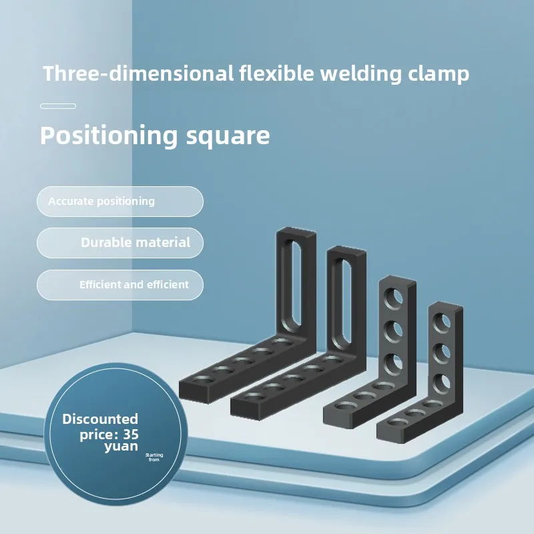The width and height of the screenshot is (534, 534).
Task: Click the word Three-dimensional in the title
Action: (x=138, y=73)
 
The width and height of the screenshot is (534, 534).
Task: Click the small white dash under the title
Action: (x=58, y=106)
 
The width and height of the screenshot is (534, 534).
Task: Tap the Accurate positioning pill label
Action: (x=101, y=201)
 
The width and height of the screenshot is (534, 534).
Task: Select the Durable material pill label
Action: (x=136, y=243)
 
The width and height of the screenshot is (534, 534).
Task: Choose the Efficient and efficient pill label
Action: (x=134, y=284)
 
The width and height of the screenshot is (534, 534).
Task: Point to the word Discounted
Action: (x=100, y=419)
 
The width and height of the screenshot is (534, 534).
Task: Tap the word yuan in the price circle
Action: (x=121, y=447)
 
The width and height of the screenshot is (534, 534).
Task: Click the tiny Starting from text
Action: (x=154, y=457)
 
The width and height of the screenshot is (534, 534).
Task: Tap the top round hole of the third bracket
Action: (x=393, y=296)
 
